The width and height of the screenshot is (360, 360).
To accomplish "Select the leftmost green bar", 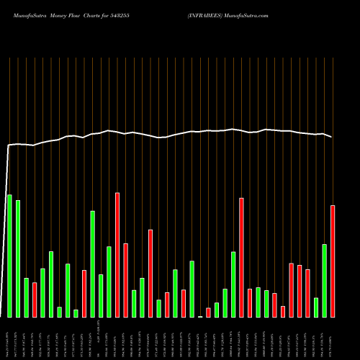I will pos(9,256).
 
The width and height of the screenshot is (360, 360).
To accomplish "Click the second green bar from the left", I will pos(18,258).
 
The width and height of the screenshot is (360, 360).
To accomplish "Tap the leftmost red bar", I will pos(35,300).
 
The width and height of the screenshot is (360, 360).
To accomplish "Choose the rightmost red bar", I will pos(333,261).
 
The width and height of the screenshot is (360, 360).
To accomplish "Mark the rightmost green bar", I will pos(324,280).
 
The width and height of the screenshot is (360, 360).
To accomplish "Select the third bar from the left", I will pos(26,297).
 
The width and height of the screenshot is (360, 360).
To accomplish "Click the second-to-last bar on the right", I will pos(324,280).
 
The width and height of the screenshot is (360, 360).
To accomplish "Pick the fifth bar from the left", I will pos(42,292).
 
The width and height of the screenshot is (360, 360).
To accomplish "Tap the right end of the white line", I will pos(332,137).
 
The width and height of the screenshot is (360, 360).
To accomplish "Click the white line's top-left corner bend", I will pos(9,145).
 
